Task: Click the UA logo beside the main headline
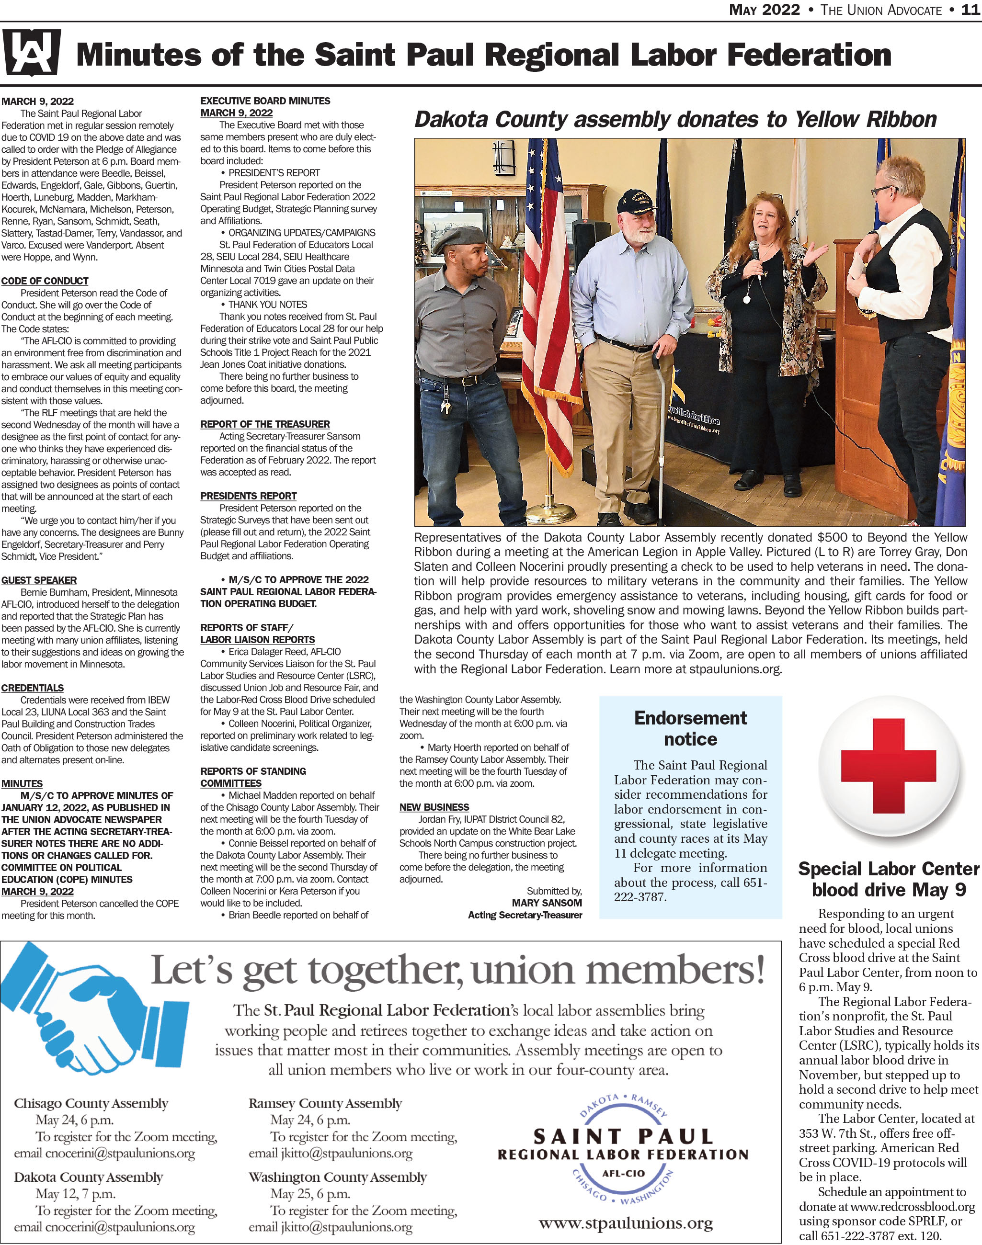(32, 55)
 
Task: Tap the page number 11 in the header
(971, 10)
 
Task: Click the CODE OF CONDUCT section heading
(45, 281)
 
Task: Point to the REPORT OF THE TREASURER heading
(265, 424)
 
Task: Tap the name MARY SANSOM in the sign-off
(547, 903)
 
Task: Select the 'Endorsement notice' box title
(690, 728)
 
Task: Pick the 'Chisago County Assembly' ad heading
(91, 1104)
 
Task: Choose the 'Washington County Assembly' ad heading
(338, 1177)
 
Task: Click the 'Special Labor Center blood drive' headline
(888, 879)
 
